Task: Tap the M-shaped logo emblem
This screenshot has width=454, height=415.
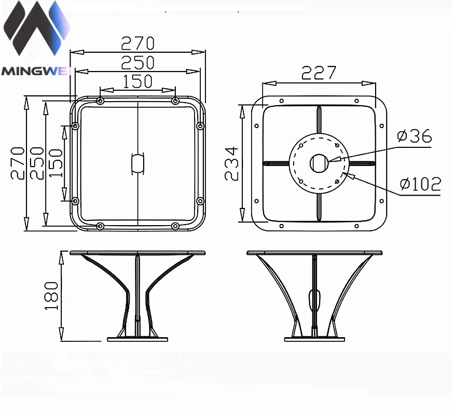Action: pos(36,28)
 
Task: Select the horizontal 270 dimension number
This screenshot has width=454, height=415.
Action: pos(137,44)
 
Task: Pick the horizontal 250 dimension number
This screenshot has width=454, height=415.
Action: pos(137,63)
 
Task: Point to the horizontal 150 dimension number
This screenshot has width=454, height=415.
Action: pos(137,81)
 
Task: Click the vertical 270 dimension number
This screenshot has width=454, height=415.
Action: pos(18,163)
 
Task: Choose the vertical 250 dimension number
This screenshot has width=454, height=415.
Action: pos(37,163)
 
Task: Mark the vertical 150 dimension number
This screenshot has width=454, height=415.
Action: pos(56,163)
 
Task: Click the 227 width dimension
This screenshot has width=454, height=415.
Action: pos(319,73)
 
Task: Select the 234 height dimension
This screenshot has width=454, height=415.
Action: pos(231,163)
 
